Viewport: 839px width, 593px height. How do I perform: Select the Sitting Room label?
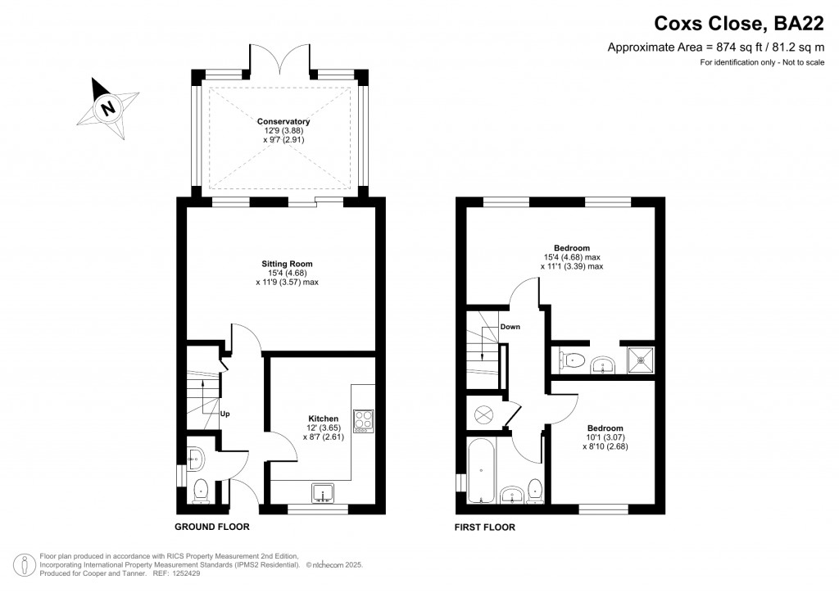pos(287,264)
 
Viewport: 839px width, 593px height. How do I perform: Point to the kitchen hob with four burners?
pos(362,421)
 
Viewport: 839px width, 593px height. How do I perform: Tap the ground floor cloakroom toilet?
pos(201,491)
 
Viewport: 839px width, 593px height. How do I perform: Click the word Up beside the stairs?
pos(224,414)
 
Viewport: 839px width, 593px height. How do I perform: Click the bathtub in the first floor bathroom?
pos(480,471)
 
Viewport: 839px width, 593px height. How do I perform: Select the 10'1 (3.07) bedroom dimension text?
pos(605,437)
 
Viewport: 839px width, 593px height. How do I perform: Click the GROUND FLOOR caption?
pos(212,527)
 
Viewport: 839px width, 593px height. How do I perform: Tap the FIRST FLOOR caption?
pos(485,527)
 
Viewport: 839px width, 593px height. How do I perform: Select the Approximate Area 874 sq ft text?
pos(714,48)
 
